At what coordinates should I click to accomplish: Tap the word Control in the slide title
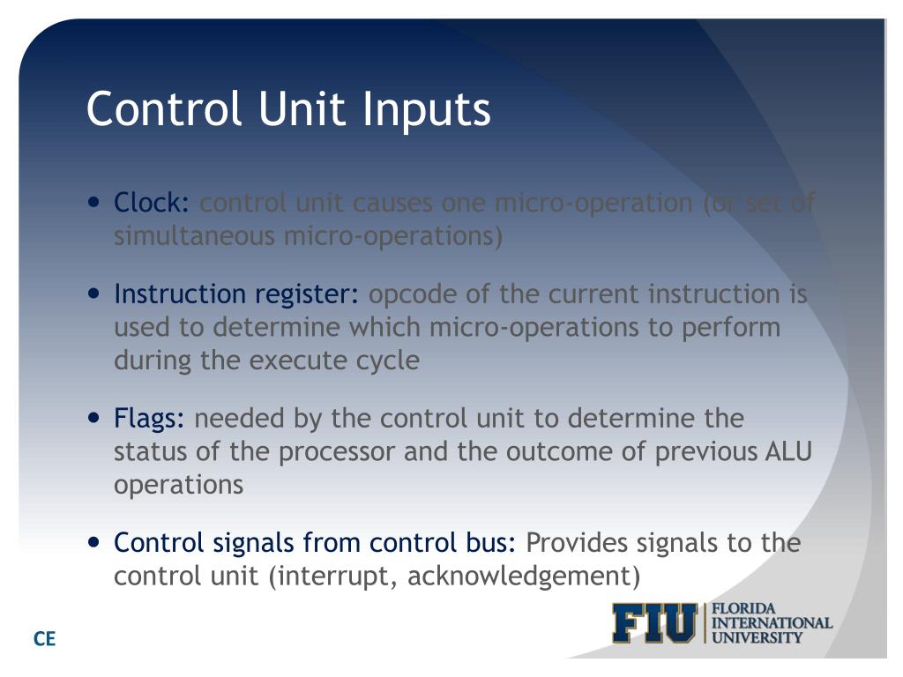click(163, 109)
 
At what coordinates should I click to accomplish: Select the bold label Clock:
click(152, 204)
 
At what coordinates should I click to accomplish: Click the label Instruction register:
click(236, 294)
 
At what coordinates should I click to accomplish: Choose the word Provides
click(579, 543)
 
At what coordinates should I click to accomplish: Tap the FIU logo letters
click(655, 623)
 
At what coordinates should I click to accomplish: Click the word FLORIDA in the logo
click(743, 609)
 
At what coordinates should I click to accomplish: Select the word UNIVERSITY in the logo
click(757, 637)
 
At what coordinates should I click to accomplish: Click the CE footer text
click(44, 639)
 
